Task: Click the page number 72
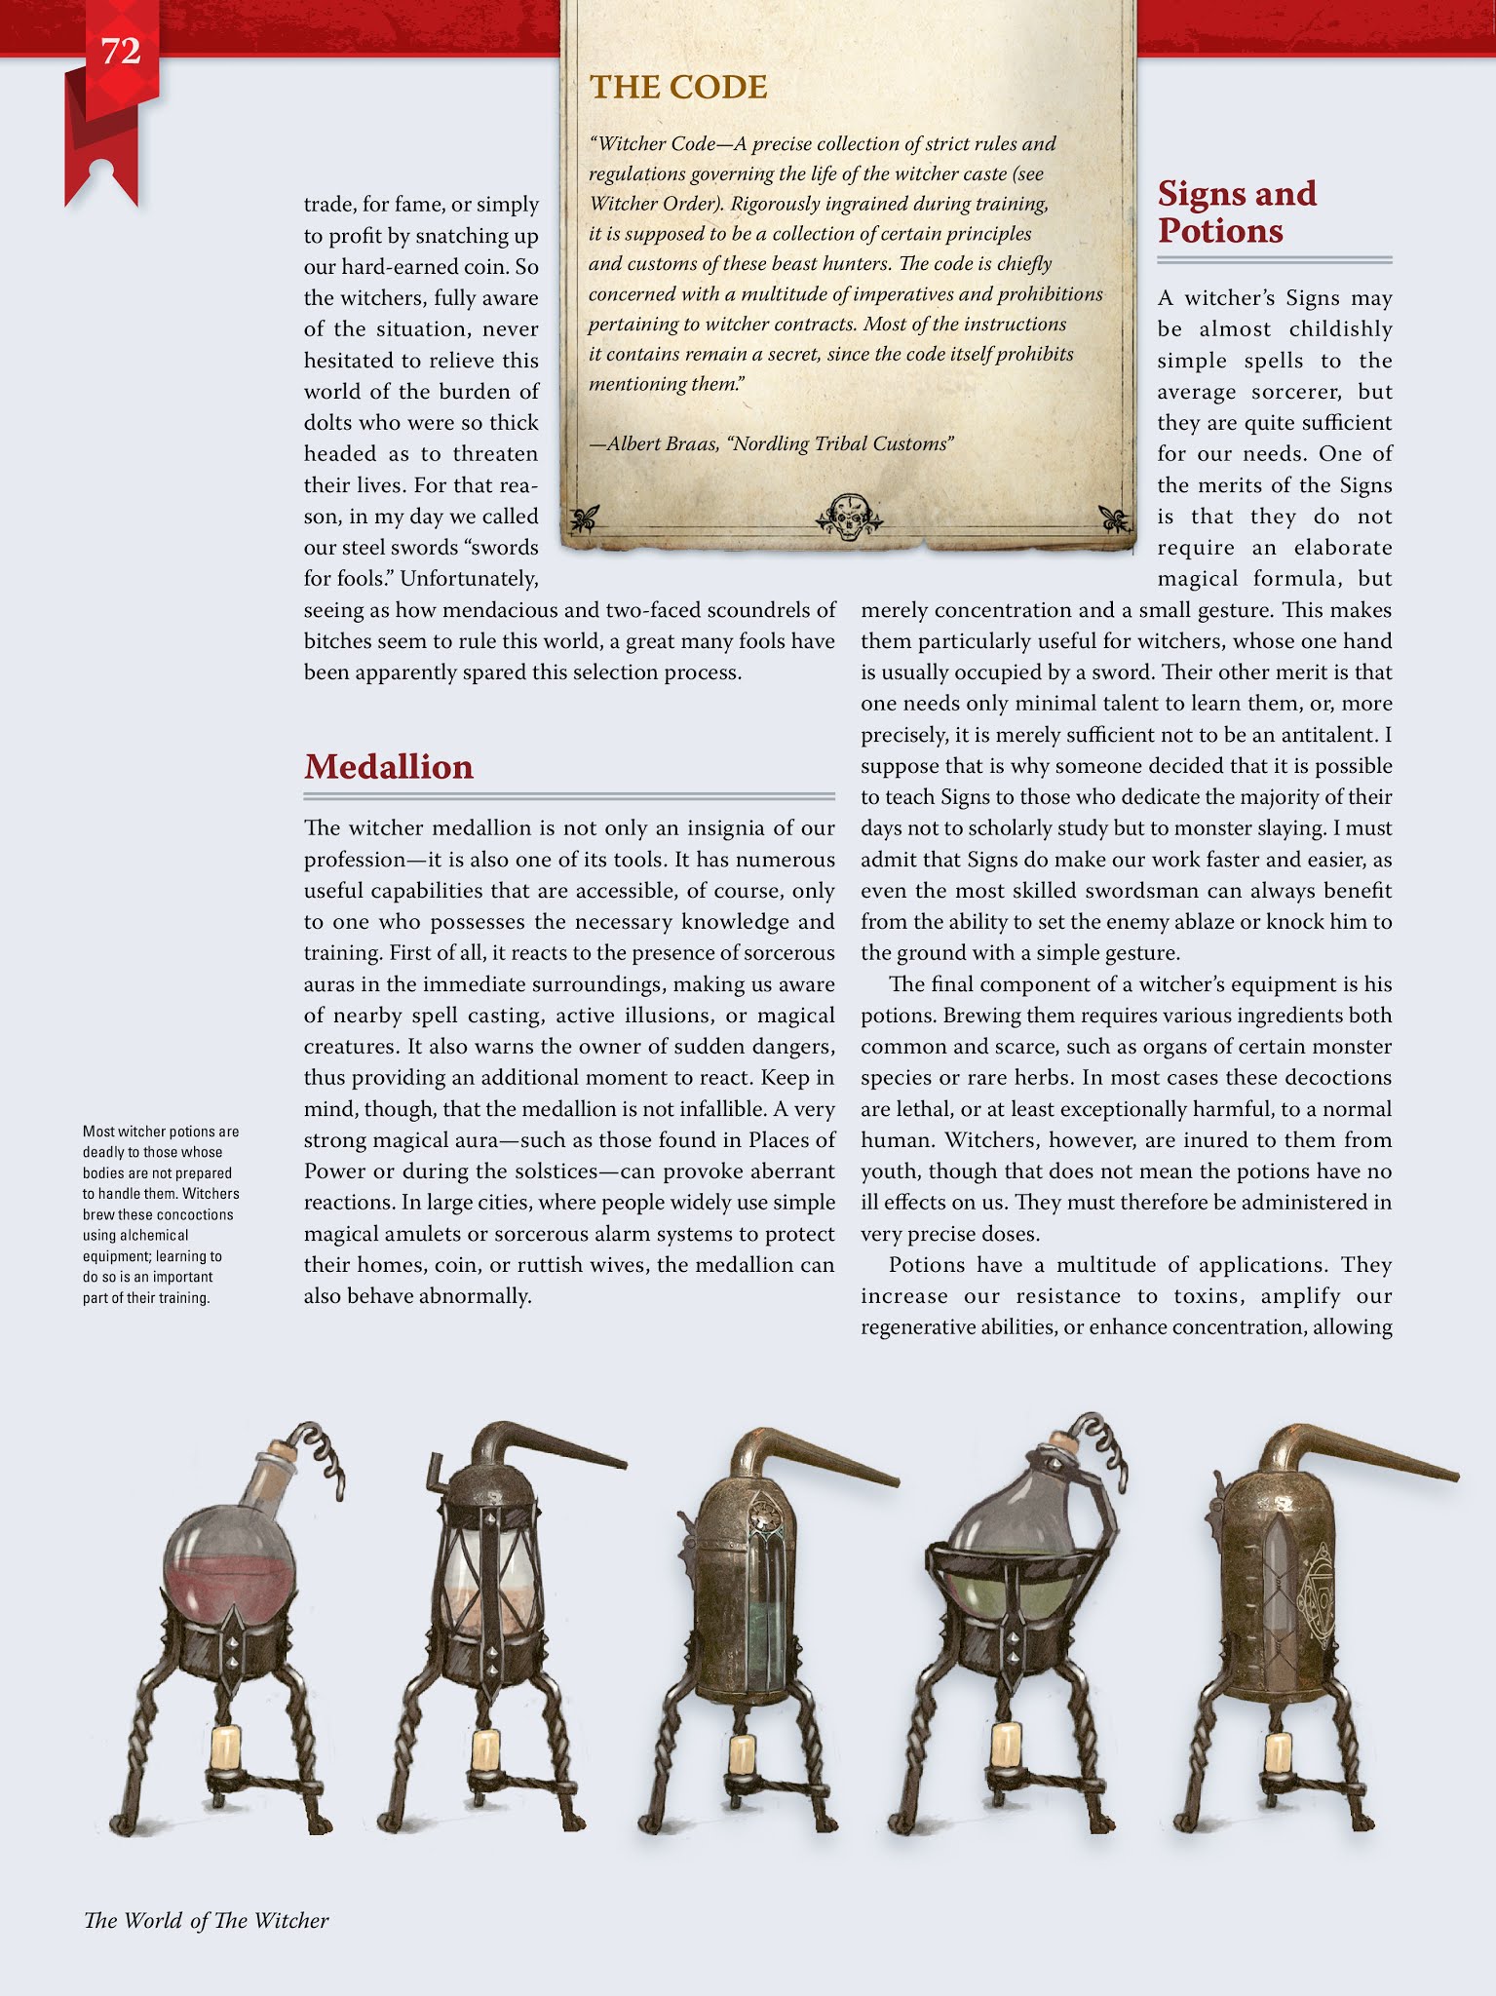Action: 121,52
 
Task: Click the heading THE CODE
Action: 678,88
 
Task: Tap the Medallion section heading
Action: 388,767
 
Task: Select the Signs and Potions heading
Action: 1236,212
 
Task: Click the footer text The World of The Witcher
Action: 207,1920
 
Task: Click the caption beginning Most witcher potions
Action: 160,1214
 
